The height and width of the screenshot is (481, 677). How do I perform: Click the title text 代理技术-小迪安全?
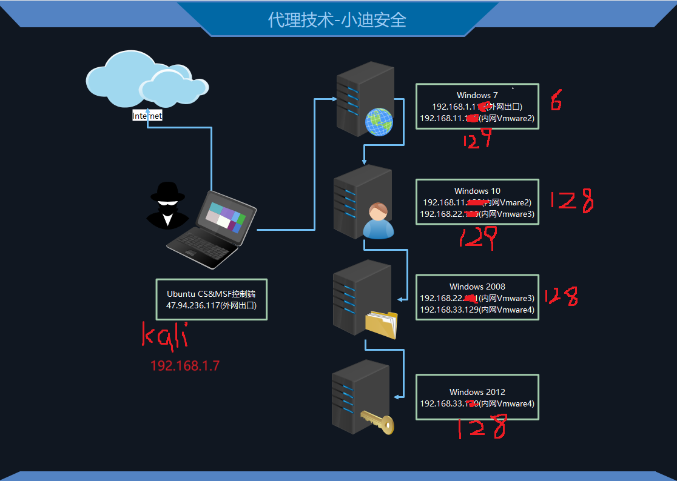pos(337,20)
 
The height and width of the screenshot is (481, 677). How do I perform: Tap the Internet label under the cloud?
pos(147,116)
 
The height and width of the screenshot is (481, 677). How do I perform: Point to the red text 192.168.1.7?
pos(184,366)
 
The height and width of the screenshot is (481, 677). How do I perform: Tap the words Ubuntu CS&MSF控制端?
pos(211,294)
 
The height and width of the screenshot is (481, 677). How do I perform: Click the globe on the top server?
pos(379,122)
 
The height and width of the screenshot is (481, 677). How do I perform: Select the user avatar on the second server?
pos(378,221)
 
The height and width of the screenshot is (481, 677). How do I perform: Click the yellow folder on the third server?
pos(382,324)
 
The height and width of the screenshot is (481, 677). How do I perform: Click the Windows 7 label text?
pos(477,95)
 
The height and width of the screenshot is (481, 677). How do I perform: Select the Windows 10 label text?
pos(477,191)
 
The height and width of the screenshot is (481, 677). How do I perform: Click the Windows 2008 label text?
pos(477,287)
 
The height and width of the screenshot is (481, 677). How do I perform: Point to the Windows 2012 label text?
pos(477,392)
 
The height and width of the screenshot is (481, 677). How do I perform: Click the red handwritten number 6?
pos(556,101)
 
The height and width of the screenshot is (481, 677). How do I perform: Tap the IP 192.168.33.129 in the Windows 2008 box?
pos(449,310)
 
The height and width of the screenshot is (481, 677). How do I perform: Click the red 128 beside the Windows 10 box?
pos(571,201)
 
